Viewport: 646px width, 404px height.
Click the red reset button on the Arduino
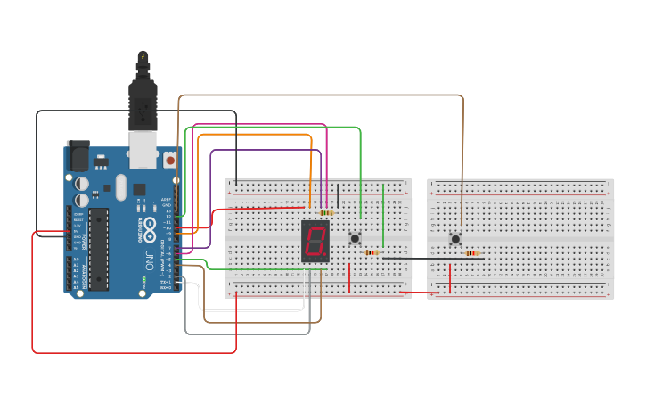coord(169,160)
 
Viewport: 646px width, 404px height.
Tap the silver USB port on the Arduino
coord(143,149)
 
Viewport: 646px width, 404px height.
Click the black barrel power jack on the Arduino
coord(78,157)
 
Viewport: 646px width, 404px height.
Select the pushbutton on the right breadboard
coord(455,238)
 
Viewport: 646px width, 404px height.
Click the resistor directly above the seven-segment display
coord(326,212)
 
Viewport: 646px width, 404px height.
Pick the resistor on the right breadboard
coord(472,253)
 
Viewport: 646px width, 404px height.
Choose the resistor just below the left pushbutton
coord(372,252)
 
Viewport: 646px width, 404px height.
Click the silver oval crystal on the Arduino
coord(121,186)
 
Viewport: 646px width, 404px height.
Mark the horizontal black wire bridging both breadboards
coord(419,258)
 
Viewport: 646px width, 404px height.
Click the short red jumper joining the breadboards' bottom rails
coord(419,292)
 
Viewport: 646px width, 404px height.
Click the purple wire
coord(267,150)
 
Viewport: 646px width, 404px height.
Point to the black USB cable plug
coord(143,98)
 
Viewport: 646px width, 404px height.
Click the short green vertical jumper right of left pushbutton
coord(383,214)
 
